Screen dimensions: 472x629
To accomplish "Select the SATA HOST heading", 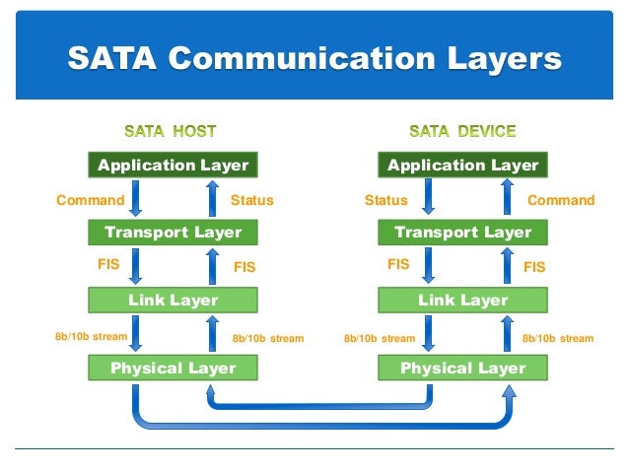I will (170, 130).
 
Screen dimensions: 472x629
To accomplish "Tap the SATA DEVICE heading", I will (462, 130).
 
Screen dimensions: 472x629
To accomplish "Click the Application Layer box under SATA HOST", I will (174, 165).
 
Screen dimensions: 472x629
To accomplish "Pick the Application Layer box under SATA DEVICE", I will (462, 165).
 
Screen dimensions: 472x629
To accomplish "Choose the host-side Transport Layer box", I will (174, 233).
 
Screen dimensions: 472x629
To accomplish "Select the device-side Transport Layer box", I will (462, 233).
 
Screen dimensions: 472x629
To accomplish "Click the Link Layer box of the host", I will (174, 300).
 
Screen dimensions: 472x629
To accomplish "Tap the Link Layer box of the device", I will (462, 300).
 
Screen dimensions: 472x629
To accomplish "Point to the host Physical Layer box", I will (174, 368).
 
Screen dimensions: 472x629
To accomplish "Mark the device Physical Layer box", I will (462, 368).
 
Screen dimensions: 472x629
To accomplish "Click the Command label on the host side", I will (90, 200).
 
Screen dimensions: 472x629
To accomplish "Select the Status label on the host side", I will (251, 200).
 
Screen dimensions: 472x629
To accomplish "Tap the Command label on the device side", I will (561, 200).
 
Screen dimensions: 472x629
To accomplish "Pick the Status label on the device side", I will (385, 200).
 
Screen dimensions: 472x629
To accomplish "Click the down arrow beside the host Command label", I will (136, 199).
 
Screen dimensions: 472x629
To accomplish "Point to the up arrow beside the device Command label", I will (507, 199).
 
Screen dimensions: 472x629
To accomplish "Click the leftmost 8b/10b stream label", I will (91, 337).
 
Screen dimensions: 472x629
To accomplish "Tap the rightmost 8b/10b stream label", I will (557, 338).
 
